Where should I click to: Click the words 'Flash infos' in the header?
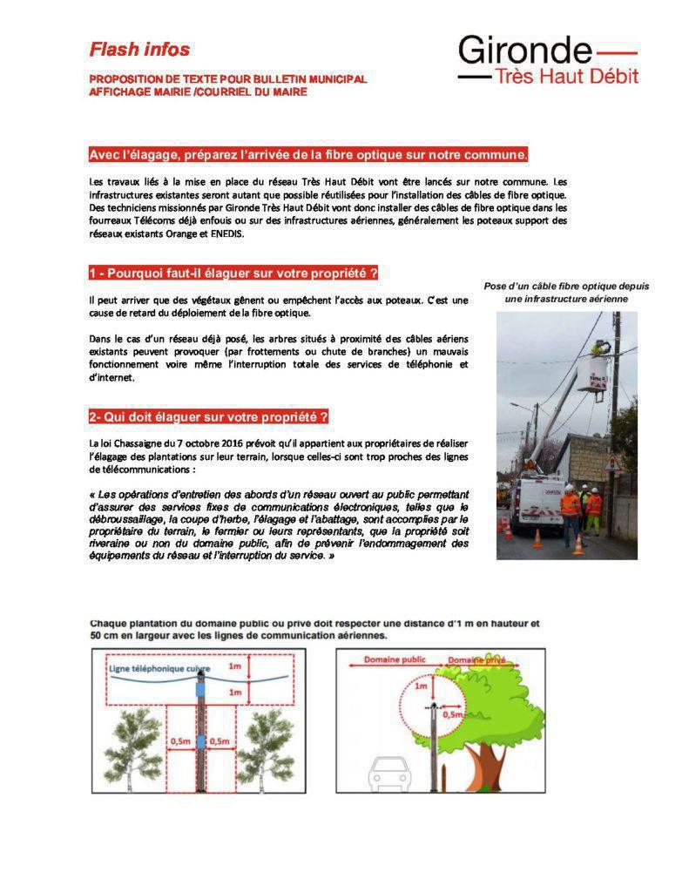coord(139,50)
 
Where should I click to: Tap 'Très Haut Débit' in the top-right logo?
coord(565,76)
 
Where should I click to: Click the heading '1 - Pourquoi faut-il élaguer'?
coord(233,274)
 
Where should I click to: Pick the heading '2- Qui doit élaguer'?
coord(208,416)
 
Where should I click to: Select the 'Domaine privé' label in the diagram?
coord(476,661)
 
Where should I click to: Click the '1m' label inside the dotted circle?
coord(421,686)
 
